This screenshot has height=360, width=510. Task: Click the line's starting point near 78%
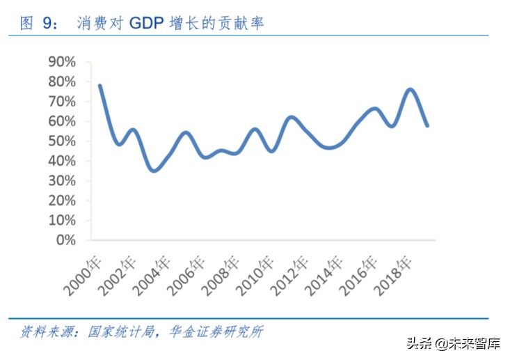(x=100, y=86)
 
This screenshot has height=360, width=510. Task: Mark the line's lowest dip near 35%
(x=154, y=171)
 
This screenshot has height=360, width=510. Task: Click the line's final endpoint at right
(x=427, y=126)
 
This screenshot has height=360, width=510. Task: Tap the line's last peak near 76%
(x=410, y=89)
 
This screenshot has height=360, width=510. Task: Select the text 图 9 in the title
(x=38, y=24)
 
